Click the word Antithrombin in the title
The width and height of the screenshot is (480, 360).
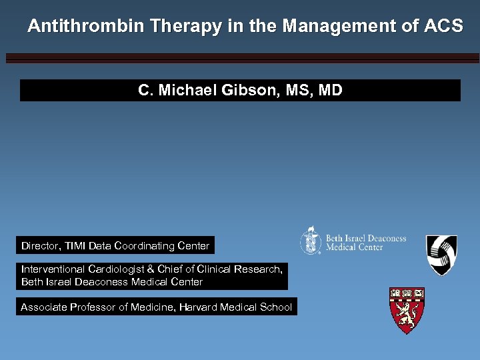pyautogui.click(x=86, y=26)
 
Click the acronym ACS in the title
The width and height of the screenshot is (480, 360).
pyautogui.click(x=443, y=26)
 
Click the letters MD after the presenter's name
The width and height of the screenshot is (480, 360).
pyautogui.click(x=330, y=90)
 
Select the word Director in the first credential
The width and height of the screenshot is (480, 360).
pyautogui.click(x=41, y=246)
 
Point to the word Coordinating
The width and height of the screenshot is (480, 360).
pyautogui.click(x=145, y=246)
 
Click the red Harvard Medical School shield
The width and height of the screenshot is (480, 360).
pyautogui.click(x=407, y=311)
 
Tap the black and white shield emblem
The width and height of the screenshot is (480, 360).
pyautogui.click(x=441, y=255)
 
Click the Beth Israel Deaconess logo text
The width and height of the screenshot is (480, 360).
pyautogui.click(x=365, y=243)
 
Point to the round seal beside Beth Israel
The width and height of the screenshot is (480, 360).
pyautogui.click(x=311, y=240)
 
